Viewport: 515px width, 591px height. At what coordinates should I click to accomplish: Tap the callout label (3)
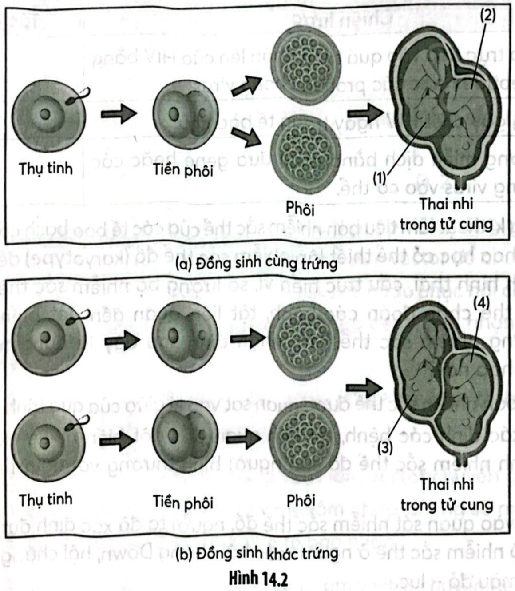385,447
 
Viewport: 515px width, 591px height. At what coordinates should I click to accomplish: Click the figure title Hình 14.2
258,576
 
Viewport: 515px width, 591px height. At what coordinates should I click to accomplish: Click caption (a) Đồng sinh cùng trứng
257,263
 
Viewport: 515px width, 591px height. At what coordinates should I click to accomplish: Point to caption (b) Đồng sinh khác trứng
257,554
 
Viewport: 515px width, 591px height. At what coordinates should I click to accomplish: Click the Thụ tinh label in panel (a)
45,169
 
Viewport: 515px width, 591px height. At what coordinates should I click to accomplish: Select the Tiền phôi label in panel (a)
183,170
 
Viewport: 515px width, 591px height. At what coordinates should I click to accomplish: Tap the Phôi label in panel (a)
301,208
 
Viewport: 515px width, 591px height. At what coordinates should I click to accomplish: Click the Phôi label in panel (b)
301,501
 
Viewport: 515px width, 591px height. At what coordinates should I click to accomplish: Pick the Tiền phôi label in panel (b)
183,503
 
